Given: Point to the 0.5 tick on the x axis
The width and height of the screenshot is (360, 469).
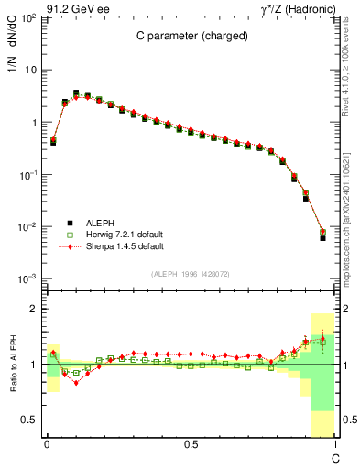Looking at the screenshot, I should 191,444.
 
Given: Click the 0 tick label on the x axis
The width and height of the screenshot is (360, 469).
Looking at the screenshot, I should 47,444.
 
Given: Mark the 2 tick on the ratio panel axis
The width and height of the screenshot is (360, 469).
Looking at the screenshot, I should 32,310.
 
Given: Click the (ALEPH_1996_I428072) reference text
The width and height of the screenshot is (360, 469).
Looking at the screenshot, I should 190,275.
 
